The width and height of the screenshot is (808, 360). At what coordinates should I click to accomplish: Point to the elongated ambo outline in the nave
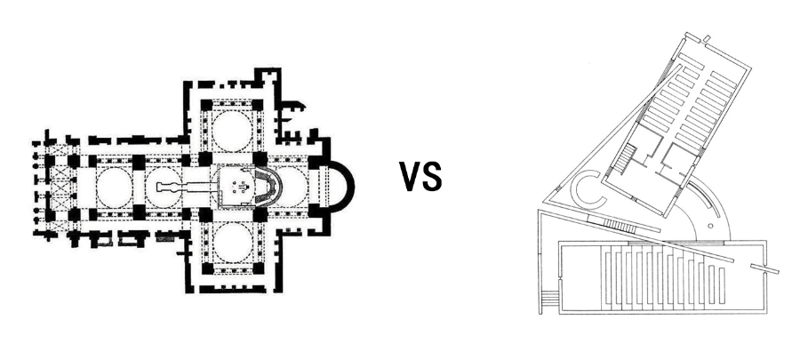coord(181,187)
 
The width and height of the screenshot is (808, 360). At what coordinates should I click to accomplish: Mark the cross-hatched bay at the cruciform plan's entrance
coord(61,187)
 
